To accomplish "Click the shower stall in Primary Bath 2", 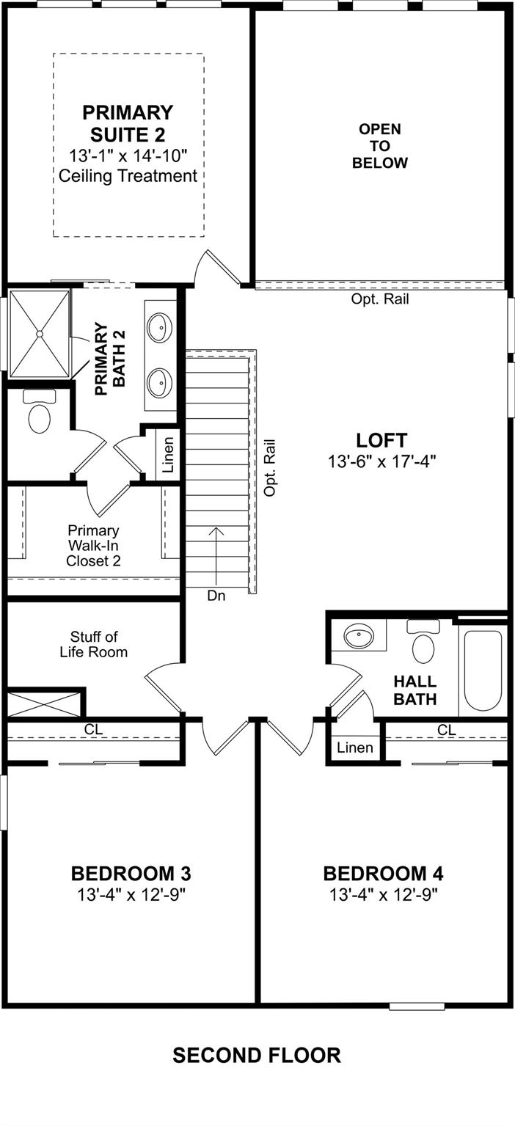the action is click(39, 333).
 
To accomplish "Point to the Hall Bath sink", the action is click(359, 637).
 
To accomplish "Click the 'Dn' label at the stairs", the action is click(216, 596).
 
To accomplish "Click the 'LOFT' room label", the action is click(381, 440).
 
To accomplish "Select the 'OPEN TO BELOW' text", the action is click(380, 146).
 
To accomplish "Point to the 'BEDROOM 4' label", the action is click(383, 874).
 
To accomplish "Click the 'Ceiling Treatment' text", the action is click(128, 176).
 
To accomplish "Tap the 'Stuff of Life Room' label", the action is click(94, 645).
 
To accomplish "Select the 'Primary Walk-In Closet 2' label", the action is click(94, 546).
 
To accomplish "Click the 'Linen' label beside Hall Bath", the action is click(355, 747).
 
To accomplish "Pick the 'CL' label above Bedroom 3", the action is click(94, 729).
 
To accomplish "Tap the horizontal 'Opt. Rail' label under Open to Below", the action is click(380, 299).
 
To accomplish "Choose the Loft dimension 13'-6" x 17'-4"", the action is click(381, 461).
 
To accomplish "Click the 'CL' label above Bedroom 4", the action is click(447, 730).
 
